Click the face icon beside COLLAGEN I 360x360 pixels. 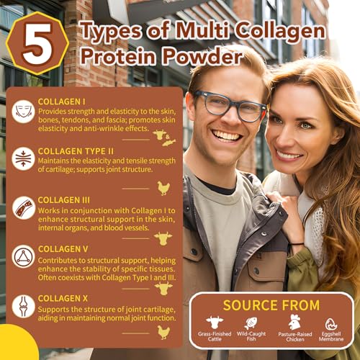pyautogui.click(x=23, y=110)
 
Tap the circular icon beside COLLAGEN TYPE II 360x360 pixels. pyautogui.click(x=23, y=158)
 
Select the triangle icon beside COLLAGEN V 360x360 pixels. pyautogui.click(x=23, y=256)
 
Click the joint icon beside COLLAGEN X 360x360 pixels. pyautogui.click(x=23, y=306)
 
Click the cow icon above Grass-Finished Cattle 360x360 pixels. pyautogui.click(x=215, y=323)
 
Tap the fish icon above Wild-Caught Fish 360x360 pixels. pyautogui.click(x=251, y=323)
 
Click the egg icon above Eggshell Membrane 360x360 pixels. pyautogui.click(x=332, y=324)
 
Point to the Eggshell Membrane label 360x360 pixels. pyautogui.click(x=332, y=339)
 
